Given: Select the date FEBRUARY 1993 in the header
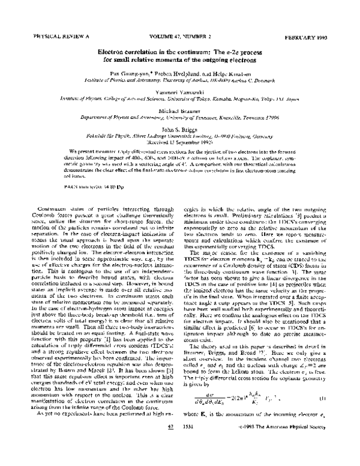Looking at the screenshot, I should point(311,37).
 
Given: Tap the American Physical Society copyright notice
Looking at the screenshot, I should point(282,458).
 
